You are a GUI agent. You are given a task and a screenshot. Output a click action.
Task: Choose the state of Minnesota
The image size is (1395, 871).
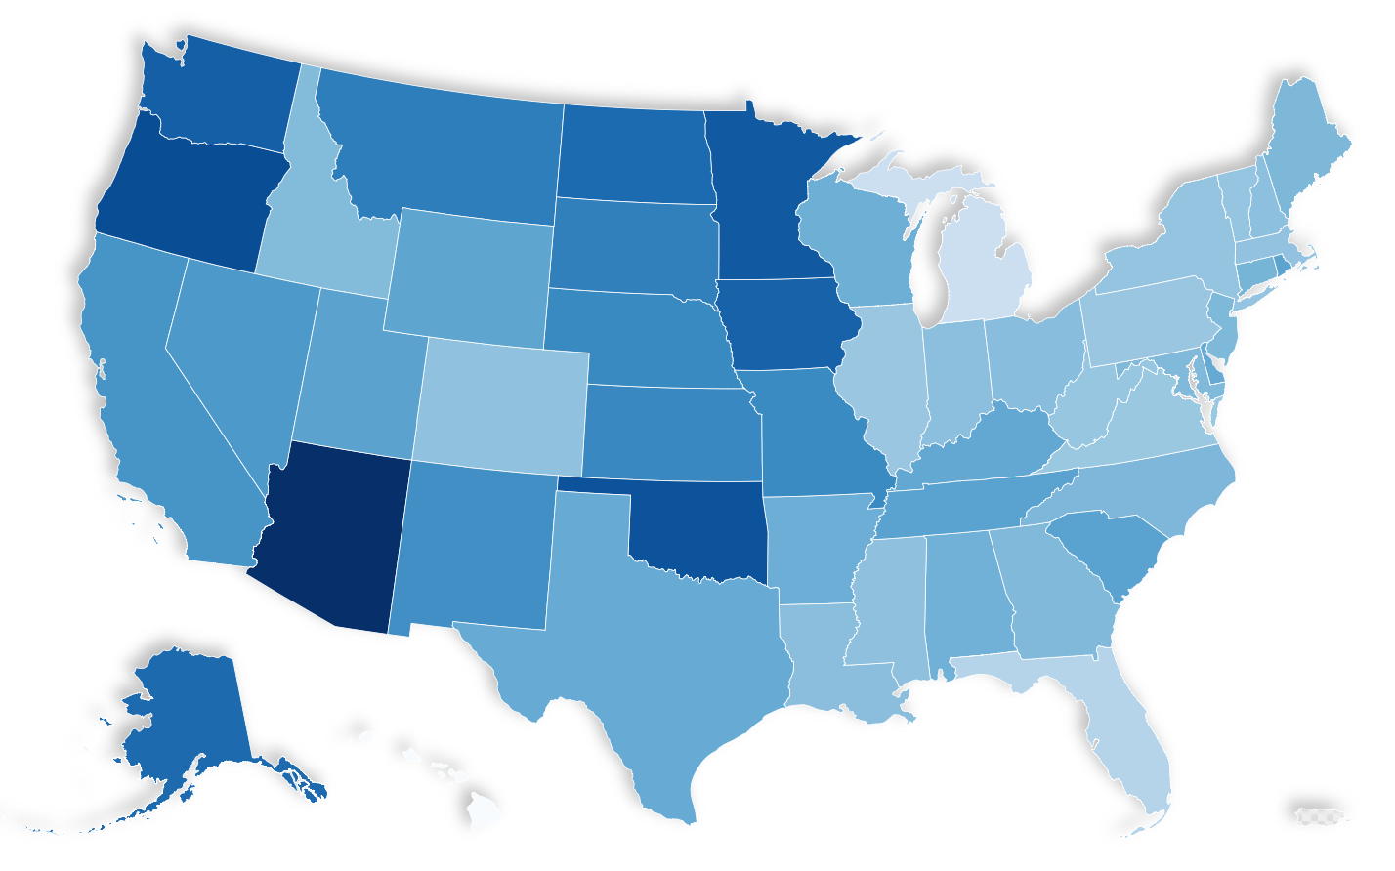(x=762, y=195)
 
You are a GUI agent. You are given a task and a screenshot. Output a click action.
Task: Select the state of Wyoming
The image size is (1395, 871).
(x=469, y=273)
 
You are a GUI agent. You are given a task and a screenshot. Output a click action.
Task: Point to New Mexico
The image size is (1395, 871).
(x=474, y=547)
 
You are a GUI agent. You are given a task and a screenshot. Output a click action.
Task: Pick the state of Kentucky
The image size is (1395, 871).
(x=987, y=449)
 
